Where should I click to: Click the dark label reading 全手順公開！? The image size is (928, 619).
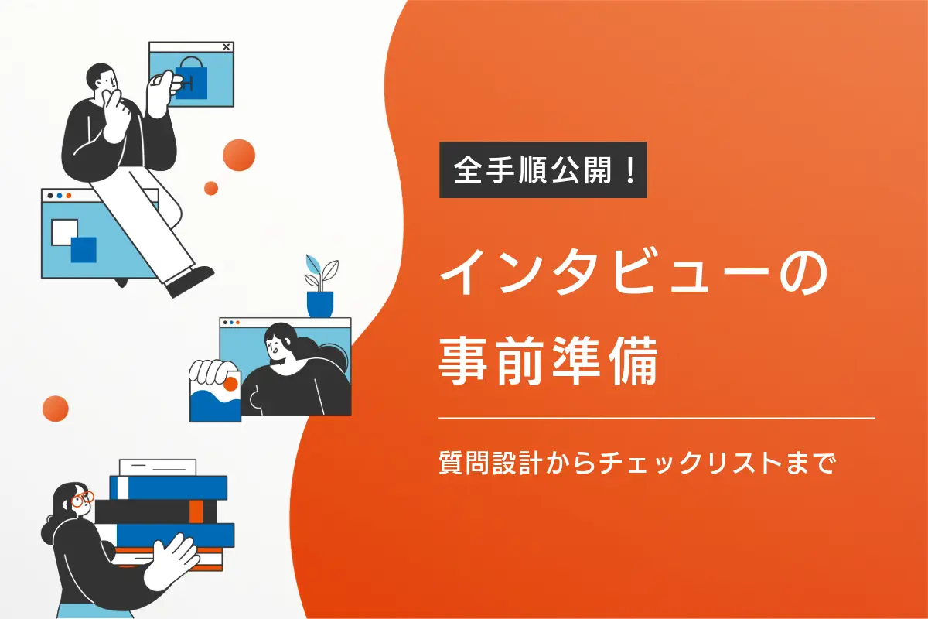coord(543,169)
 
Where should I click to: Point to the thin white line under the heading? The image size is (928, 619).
coord(657,418)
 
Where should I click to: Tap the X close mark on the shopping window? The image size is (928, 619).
coord(226,47)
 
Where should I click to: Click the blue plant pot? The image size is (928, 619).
coord(319,303)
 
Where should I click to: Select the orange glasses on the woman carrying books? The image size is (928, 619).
coord(82,499)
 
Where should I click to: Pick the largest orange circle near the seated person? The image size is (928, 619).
coord(239,155)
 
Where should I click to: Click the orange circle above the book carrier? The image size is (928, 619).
coord(56,409)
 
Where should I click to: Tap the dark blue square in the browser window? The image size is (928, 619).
coord(84,249)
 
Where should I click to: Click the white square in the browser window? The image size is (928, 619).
coord(63,231)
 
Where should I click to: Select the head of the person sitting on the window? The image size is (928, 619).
coord(104,78)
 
